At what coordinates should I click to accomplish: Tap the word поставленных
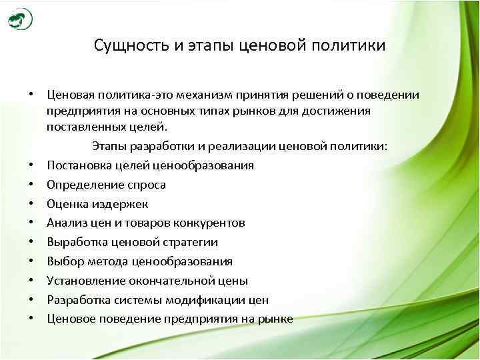83,127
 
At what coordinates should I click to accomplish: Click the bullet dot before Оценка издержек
32,204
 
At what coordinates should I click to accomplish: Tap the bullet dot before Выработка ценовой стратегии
32,243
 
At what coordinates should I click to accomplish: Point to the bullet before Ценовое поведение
32,319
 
